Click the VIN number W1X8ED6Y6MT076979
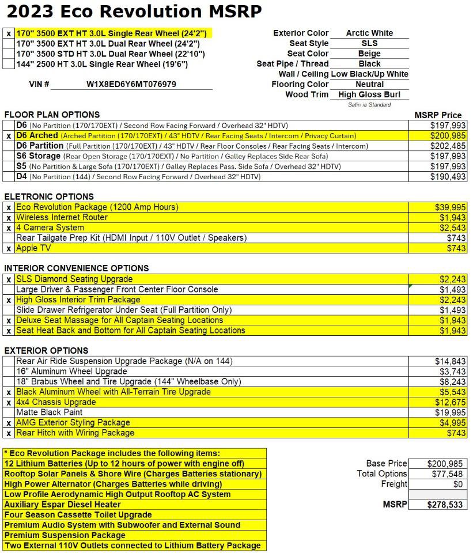(131, 84)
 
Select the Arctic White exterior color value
(369, 33)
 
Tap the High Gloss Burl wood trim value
(369, 94)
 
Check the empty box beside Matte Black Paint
(9, 412)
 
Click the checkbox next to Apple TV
(9, 249)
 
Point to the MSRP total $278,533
(445, 505)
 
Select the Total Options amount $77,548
(446, 474)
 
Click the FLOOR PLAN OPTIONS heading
(52, 115)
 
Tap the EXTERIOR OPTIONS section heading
(46, 351)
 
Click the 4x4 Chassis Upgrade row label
(56, 402)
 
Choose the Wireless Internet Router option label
(62, 218)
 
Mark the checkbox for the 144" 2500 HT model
(9, 64)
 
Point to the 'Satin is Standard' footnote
(369, 105)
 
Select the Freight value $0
(458, 484)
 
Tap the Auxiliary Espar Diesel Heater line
(62, 505)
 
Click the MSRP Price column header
(438, 115)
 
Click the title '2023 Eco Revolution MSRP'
(134, 11)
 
